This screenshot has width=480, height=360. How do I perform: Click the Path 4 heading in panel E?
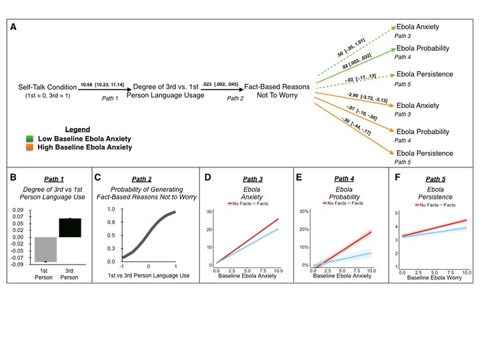pos(340,179)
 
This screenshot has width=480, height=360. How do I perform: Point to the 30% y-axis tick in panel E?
pos(301,211)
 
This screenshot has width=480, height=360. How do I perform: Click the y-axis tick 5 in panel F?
pos(395,213)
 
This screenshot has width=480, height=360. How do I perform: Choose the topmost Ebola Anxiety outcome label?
pos(419,26)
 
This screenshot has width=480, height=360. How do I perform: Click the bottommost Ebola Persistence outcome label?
pos(425,153)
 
